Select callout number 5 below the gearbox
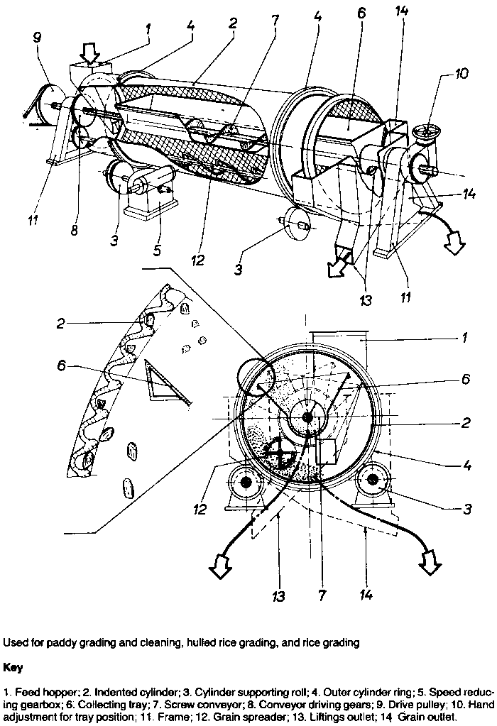[x=157, y=249]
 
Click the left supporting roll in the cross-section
[x=246, y=482]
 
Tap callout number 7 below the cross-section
[x=322, y=591]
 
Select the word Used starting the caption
[x=15, y=643]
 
